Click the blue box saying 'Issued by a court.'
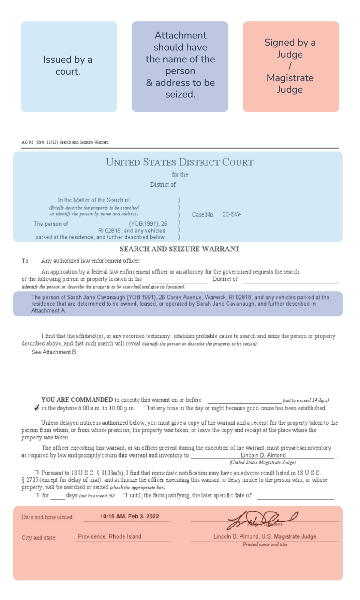[x=69, y=66]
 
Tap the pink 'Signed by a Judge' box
[x=291, y=66]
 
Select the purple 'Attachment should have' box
[x=180, y=66]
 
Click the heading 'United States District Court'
[x=180, y=162]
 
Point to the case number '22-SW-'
[x=232, y=214]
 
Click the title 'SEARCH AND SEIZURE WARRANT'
[x=180, y=249]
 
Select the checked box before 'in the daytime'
[x=37, y=408]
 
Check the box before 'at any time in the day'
[x=147, y=407]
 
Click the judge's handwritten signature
[x=262, y=520]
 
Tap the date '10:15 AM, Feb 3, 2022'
[x=129, y=517]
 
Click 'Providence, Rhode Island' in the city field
[x=109, y=537]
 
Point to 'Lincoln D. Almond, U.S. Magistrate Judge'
[x=265, y=537]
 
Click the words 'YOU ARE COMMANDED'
[x=77, y=400]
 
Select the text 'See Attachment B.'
[x=54, y=352]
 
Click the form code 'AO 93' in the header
[x=27, y=142]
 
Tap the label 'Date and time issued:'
[x=47, y=517]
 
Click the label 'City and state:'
[x=39, y=538]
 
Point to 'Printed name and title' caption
[x=265, y=545]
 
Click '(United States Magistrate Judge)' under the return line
[x=262, y=463]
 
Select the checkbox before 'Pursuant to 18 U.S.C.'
[x=37, y=472]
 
